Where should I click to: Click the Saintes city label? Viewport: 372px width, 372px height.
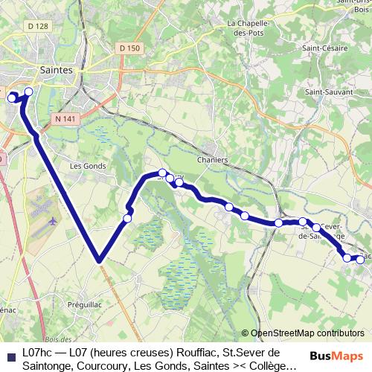57,69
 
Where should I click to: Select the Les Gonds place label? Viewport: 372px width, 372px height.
88,166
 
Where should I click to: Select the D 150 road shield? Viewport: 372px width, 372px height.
128,48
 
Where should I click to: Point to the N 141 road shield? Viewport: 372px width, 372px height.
65,118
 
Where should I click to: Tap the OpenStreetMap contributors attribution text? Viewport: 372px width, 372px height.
308,333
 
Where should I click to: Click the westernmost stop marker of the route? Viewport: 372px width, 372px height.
12,97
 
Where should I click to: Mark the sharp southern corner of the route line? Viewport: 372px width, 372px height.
98,260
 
